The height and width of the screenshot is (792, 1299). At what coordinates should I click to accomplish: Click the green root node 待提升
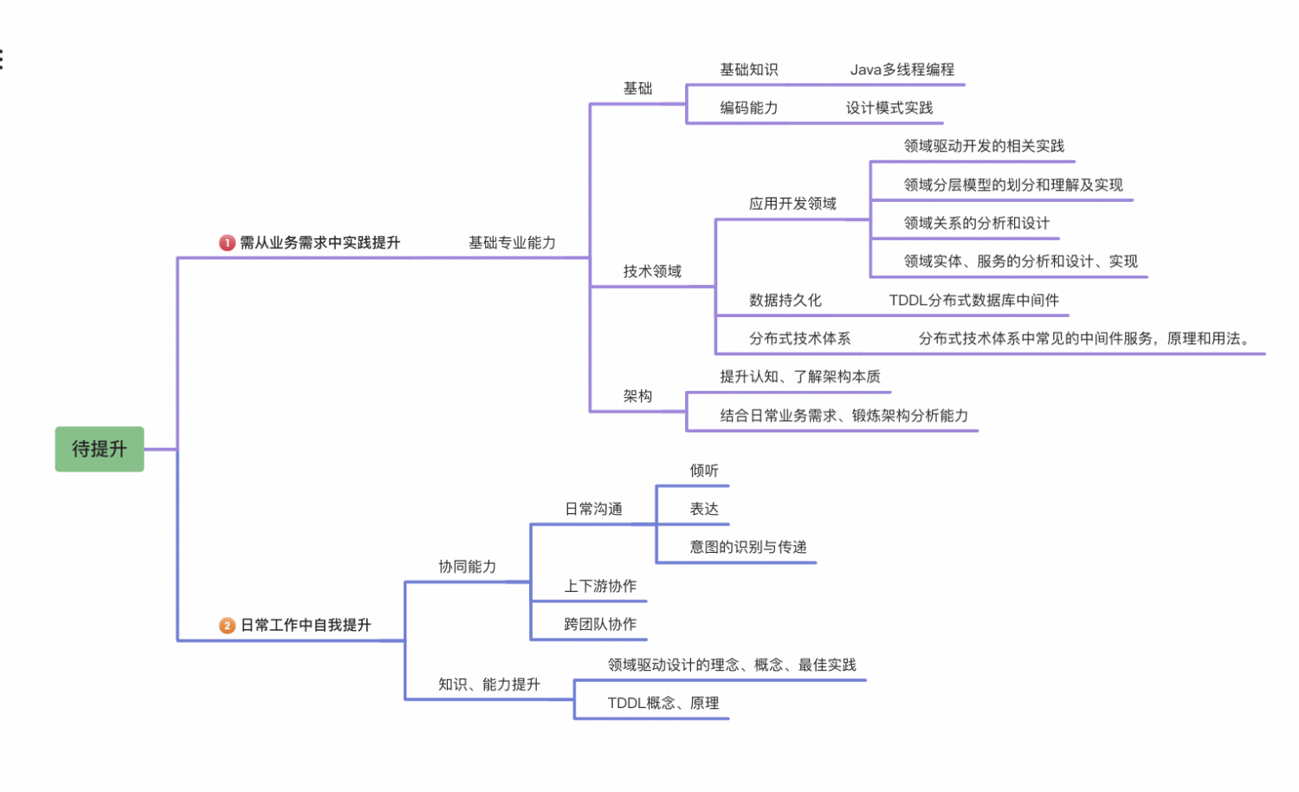[100, 449]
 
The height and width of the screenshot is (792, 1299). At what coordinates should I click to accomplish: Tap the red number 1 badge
[227, 243]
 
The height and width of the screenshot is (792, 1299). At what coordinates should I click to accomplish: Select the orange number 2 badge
[227, 625]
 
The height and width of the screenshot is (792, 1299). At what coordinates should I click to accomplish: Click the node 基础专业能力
[512, 243]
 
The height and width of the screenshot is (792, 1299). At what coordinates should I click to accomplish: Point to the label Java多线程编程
[902, 69]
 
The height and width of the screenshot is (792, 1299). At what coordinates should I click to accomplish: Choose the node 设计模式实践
[889, 107]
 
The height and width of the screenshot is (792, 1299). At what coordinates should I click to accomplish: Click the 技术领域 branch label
[652, 271]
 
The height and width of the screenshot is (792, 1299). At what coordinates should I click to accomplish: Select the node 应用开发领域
[792, 204]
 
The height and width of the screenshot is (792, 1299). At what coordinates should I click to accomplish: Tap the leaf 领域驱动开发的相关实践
[984, 146]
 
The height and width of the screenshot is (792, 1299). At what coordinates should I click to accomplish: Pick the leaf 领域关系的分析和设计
[976, 223]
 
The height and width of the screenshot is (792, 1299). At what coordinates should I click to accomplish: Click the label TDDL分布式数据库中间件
[973, 300]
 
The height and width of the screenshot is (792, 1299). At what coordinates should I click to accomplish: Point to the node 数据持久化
[785, 300]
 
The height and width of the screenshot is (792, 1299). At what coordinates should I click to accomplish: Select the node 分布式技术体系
[799, 338]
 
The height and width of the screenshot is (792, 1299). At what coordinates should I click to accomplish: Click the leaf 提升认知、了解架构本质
[800, 376]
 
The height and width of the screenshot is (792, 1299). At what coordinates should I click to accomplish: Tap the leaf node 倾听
[704, 471]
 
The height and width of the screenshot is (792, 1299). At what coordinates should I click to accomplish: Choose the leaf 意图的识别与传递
[748, 547]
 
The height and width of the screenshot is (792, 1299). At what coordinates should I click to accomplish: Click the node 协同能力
[467, 567]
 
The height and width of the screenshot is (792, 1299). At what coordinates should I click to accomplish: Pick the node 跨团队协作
[600, 624]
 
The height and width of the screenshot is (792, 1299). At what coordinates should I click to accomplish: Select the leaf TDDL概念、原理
[663, 703]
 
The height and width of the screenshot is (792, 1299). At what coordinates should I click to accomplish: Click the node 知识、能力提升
[488, 685]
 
